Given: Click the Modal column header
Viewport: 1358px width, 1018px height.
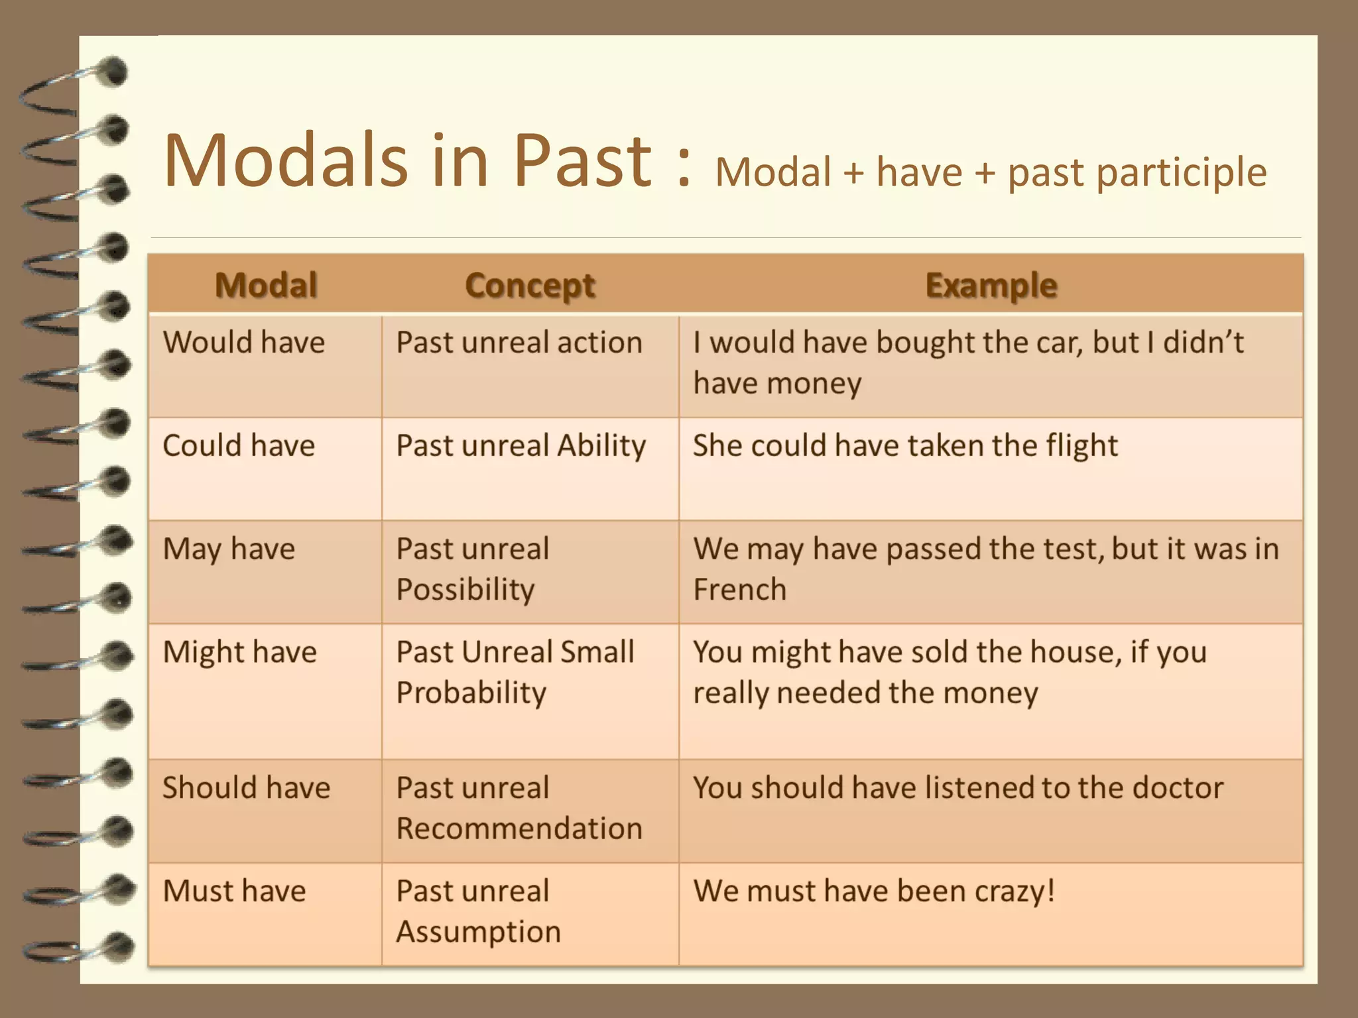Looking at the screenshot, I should [266, 286].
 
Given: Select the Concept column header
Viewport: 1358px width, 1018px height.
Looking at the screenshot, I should [530, 286].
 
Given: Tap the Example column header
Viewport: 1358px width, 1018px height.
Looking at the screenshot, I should [991, 286].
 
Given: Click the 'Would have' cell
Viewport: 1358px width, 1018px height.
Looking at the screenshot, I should [244, 343].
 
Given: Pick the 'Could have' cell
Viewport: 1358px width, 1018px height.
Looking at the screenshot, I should [239, 445].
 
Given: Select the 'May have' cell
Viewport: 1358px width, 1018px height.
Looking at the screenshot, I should [229, 549].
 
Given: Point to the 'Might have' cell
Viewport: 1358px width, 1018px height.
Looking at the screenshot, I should [239, 653].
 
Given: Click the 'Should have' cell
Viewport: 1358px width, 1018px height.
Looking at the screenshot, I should [246, 788].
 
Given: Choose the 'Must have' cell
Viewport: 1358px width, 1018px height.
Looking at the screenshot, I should [234, 891].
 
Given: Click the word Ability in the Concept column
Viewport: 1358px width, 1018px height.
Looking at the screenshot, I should [601, 446].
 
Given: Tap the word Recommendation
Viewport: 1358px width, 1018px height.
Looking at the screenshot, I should [519, 829].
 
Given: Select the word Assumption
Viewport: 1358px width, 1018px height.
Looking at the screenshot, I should [478, 933].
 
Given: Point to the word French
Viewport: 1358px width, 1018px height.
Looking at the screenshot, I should [739, 590].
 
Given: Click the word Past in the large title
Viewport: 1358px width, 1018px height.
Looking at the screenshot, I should [584, 161].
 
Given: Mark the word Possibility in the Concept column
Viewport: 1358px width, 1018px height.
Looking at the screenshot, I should [465, 590].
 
